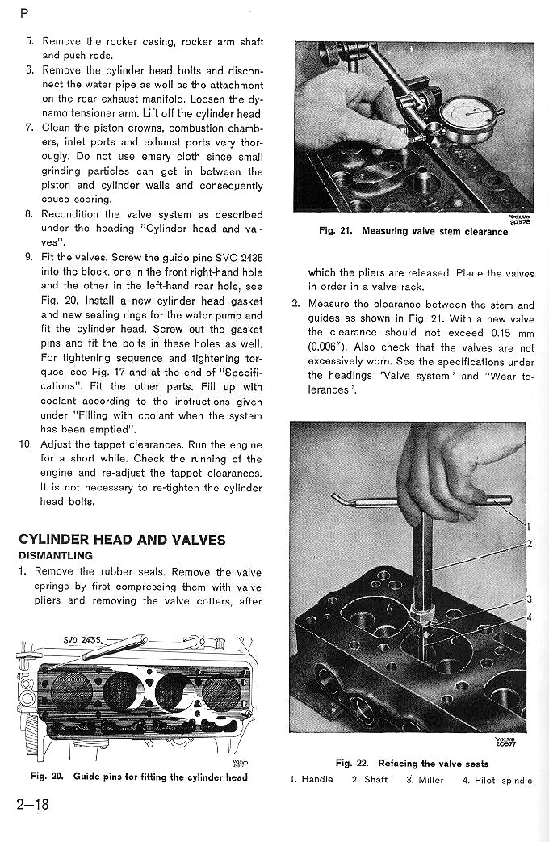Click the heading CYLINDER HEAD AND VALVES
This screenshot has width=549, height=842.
pyautogui.click(x=122, y=540)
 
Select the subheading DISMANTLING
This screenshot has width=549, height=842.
pyautogui.click(x=56, y=556)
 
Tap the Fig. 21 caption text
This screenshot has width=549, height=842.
pyautogui.click(x=413, y=232)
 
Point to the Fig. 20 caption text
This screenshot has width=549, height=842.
pyautogui.click(x=139, y=777)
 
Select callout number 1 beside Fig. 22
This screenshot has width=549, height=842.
pyautogui.click(x=528, y=527)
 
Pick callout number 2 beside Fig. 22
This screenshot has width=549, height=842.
pyautogui.click(x=529, y=544)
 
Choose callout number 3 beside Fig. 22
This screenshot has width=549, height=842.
pyautogui.click(x=529, y=599)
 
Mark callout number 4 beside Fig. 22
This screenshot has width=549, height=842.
pyautogui.click(x=529, y=618)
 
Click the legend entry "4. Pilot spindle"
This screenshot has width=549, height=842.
pyautogui.click(x=497, y=780)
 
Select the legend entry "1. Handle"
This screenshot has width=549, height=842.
pyautogui.click(x=312, y=780)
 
